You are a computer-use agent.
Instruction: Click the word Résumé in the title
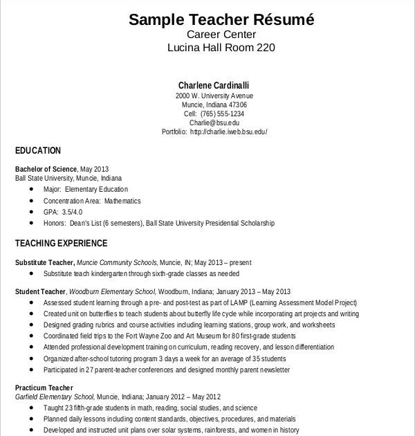tap(283, 19)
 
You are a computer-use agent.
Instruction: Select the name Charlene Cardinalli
tap(214, 85)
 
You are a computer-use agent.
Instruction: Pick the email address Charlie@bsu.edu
tap(214, 122)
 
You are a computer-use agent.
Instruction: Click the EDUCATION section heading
tap(38, 151)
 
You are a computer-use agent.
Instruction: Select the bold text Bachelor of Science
tap(46, 169)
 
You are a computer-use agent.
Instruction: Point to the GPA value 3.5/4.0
tap(72, 212)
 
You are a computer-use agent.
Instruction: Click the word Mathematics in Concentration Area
tap(122, 201)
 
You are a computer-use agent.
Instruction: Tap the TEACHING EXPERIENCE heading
tap(61, 244)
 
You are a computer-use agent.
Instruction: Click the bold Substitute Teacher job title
tap(44, 263)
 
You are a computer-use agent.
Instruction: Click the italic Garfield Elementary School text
tap(54, 397)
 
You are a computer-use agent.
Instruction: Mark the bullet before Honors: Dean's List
tap(32, 224)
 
